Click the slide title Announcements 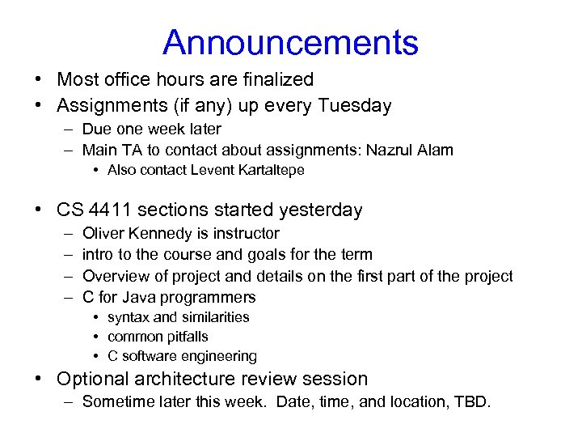(290, 42)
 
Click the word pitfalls (183, 337)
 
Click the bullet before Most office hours (39, 79)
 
